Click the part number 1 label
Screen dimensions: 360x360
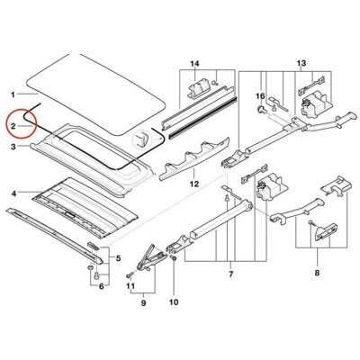click(x=13, y=95)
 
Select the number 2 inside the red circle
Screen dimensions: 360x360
click(x=13, y=126)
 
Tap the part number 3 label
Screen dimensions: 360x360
click(x=13, y=147)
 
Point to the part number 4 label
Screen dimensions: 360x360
click(x=13, y=194)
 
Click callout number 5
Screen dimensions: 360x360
click(x=119, y=258)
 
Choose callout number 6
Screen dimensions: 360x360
click(x=102, y=286)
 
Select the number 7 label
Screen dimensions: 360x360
click(x=230, y=274)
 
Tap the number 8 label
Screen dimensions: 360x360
click(x=317, y=273)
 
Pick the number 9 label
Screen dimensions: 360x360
click(x=143, y=303)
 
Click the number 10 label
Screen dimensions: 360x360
click(x=174, y=302)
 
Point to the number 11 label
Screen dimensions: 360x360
click(x=130, y=286)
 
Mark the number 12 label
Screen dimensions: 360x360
click(x=194, y=184)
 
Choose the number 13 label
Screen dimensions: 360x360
click(x=301, y=63)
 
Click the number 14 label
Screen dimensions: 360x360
click(x=194, y=64)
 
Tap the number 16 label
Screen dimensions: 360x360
click(x=260, y=96)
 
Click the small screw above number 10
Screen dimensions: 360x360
click(x=174, y=258)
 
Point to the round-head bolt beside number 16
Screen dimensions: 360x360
click(x=260, y=109)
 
